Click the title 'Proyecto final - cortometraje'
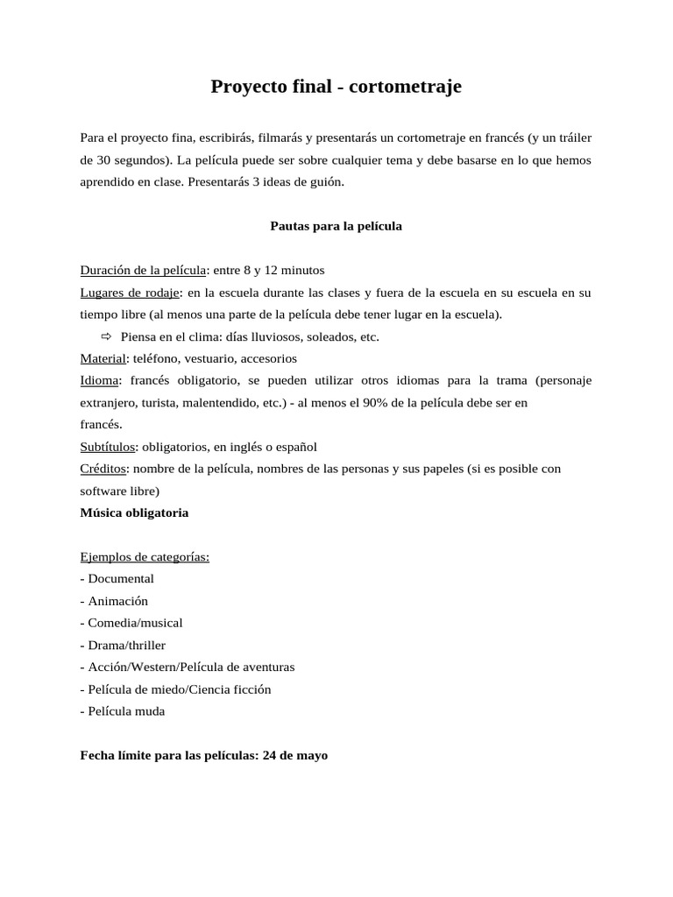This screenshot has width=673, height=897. point(336,87)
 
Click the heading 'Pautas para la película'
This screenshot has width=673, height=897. point(336,226)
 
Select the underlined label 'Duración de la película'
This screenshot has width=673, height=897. point(143,270)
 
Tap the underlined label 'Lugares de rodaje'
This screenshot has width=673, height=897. point(130,292)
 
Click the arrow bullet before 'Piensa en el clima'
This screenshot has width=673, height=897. point(107,336)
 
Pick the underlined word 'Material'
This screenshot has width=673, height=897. point(103,358)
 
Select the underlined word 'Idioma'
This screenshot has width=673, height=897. point(99,380)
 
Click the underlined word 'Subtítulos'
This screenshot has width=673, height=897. point(108,447)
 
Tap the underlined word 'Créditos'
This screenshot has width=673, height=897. point(103,469)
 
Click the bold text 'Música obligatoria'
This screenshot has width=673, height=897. point(134,512)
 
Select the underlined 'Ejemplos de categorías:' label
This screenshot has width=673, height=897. point(145,557)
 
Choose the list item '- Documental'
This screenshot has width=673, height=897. point(117,579)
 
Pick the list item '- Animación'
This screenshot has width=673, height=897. point(114,601)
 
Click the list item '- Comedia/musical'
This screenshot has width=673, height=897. point(131,623)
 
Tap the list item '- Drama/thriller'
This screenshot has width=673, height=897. point(123,646)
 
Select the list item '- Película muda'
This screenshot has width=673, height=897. point(123,711)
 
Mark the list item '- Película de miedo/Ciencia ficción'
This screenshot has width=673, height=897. point(175,689)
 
